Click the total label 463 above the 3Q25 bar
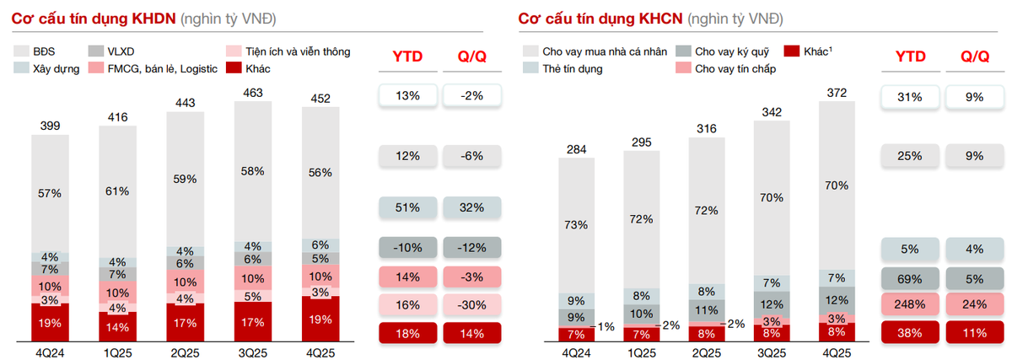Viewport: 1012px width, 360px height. pyautogui.click(x=252, y=93)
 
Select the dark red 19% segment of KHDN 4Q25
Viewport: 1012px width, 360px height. pyautogui.click(x=320, y=319)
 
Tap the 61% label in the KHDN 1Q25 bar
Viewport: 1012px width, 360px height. pyautogui.click(x=117, y=191)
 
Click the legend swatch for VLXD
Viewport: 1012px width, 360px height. pyautogui.click(x=96, y=51)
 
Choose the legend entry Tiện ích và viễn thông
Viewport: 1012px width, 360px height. pyautogui.click(x=298, y=51)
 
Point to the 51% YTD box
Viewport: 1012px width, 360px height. pyautogui.click(x=407, y=207)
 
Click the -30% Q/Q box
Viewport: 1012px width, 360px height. pyautogui.click(x=471, y=305)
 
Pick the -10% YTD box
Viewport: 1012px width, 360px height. pyautogui.click(x=407, y=248)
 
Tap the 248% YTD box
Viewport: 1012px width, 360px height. pyautogui.click(x=910, y=304)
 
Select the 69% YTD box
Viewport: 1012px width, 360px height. pyautogui.click(x=910, y=279)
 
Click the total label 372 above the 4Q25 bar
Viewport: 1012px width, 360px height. pyautogui.click(x=837, y=93)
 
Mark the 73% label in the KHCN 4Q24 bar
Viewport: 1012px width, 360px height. pyautogui.click(x=576, y=224)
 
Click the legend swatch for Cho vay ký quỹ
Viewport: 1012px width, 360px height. pyautogui.click(x=683, y=51)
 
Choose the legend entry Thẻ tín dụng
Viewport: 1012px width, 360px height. pyautogui.click(x=573, y=68)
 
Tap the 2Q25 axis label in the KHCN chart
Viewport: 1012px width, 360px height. pyautogui.click(x=707, y=352)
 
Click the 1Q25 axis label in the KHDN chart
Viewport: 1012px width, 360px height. pyautogui.click(x=117, y=352)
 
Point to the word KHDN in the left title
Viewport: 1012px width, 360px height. pyautogui.click(x=153, y=19)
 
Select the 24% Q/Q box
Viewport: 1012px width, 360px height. pyautogui.click(x=975, y=304)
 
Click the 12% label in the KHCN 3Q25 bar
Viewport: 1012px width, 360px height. pyautogui.click(x=772, y=304)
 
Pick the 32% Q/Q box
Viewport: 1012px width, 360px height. pyautogui.click(x=471, y=207)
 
